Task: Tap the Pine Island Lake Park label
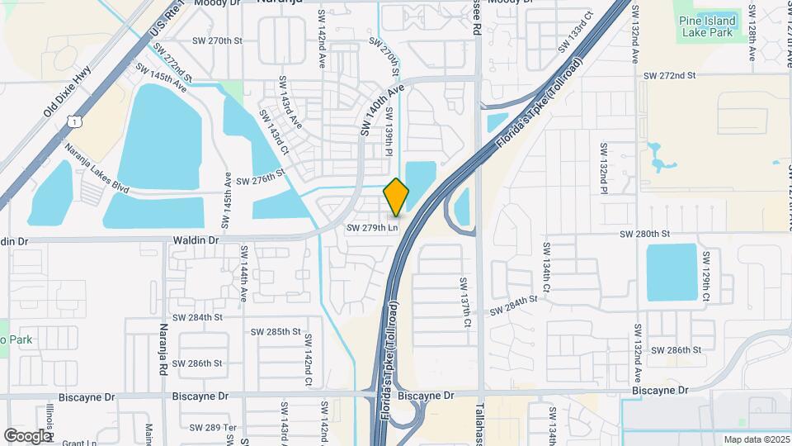tap(706, 27)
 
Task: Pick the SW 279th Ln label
tap(372, 227)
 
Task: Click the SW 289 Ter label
tap(213, 427)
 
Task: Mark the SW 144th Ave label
tap(244, 272)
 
